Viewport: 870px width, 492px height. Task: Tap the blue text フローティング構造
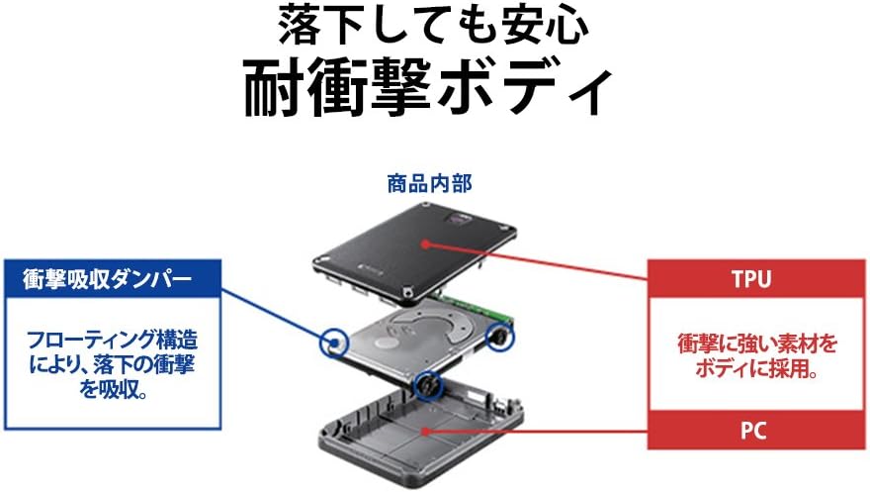[x=112, y=341]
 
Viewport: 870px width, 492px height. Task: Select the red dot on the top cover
[x=425, y=244]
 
